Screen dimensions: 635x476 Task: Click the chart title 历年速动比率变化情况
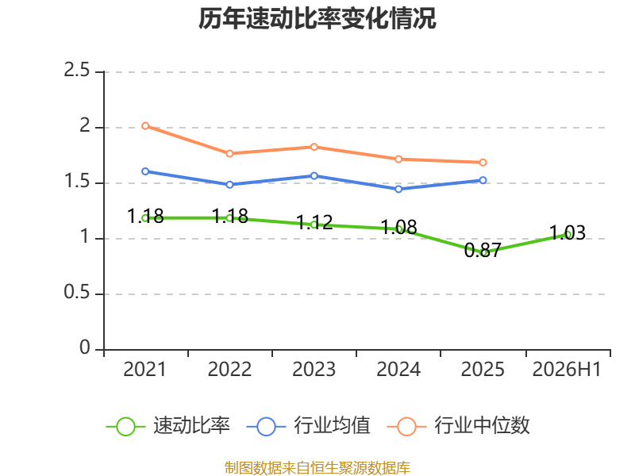[317, 18]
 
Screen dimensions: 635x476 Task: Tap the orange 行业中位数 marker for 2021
[145, 126]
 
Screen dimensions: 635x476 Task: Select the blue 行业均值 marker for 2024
[398, 189]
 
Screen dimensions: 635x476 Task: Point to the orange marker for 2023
[314, 147]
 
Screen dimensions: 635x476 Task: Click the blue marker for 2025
[483, 180]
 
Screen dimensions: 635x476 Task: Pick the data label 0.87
[483, 250]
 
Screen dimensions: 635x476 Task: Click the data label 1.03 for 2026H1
[568, 232]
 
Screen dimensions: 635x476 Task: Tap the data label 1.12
[314, 222]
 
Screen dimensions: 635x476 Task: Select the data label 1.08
[399, 227]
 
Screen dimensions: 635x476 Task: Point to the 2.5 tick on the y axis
[76, 70]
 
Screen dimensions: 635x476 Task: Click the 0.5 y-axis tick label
[76, 292]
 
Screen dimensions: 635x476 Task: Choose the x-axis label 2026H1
[567, 369]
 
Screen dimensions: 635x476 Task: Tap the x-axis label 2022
[229, 369]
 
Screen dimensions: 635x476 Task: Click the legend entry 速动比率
[168, 425]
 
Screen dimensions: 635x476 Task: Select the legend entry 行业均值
[309, 425]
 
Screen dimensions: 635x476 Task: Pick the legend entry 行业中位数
[459, 425]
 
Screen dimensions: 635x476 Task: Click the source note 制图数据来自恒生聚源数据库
[317, 468]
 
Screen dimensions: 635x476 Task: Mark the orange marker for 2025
[483, 163]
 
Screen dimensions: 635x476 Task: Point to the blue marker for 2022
[229, 185]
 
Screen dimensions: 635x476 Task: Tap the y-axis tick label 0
[85, 347]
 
